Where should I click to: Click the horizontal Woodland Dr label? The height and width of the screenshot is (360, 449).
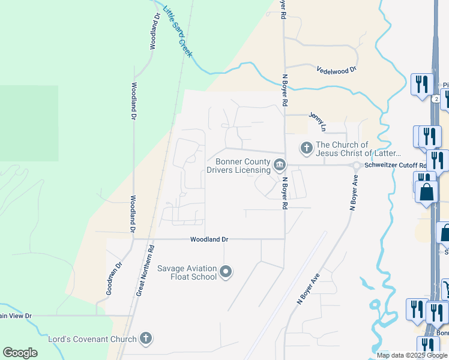[x=209, y=239]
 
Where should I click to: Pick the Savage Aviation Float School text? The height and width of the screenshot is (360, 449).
[x=187, y=272]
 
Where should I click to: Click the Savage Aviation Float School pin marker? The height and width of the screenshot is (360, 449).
[x=226, y=272]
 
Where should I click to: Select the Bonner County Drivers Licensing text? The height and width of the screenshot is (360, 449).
[x=238, y=165]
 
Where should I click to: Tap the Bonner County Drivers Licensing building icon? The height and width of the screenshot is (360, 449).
[x=279, y=164]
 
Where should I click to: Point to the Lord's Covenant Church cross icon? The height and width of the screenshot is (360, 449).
[x=145, y=339]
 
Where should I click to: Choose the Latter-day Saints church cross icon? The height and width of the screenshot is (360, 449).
[x=307, y=148]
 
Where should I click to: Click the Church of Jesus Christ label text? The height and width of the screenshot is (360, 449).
[x=358, y=148]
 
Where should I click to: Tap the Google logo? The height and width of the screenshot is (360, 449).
[x=20, y=353]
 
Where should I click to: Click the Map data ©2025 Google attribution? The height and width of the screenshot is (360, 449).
[x=412, y=355]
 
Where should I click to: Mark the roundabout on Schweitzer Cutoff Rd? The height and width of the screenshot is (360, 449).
[x=357, y=165]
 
